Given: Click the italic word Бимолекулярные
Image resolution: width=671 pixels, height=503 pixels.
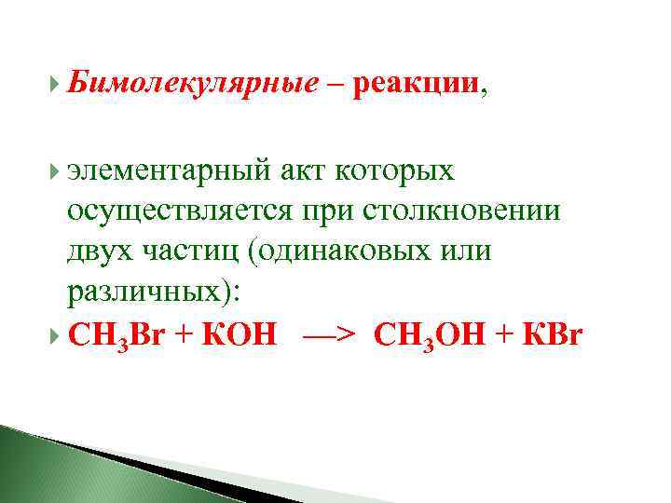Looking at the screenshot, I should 193,86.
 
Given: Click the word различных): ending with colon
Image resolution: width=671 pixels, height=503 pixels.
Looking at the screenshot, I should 154,292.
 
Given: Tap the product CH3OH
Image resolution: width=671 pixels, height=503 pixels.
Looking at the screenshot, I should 430,334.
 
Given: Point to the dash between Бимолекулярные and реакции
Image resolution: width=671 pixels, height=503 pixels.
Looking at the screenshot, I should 333,88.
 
